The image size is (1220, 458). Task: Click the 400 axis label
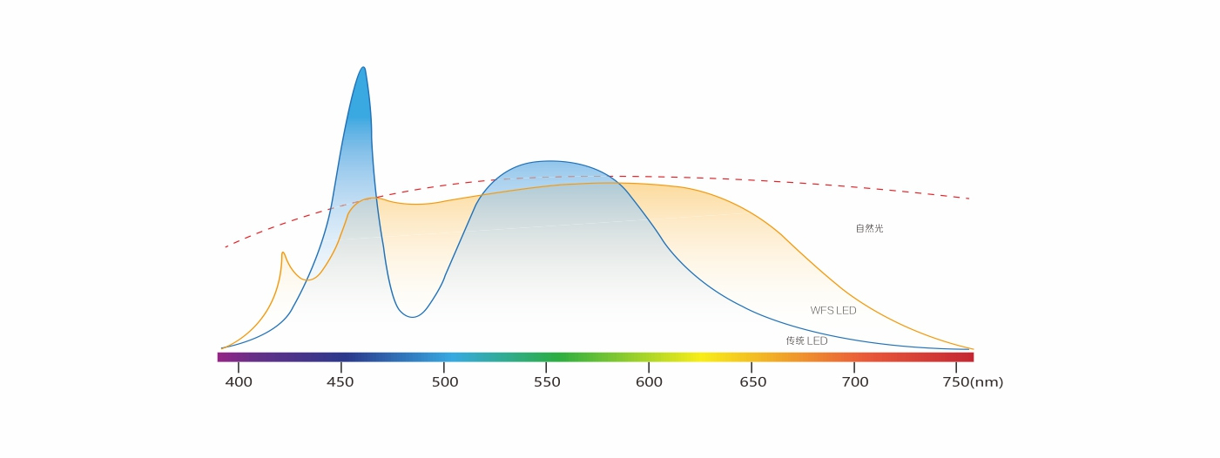239,382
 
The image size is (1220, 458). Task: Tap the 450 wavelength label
340,382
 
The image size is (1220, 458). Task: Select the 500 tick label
445,382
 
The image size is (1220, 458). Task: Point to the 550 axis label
547,382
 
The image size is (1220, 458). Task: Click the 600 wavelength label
650,382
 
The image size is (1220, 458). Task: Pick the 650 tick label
752,382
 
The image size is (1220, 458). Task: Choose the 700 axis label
855,382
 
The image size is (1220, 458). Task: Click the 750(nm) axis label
973,382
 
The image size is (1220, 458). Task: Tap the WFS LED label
833,311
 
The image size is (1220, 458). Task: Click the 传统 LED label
806,341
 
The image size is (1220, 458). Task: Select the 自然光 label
869,229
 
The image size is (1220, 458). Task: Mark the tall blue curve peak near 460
363,68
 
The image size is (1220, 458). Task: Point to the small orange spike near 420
283,253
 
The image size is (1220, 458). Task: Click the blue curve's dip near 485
412,316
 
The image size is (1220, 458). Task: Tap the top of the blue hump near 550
550,161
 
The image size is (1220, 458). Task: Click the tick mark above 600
649,367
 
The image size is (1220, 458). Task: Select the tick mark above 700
854,367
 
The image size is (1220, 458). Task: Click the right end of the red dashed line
969,199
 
